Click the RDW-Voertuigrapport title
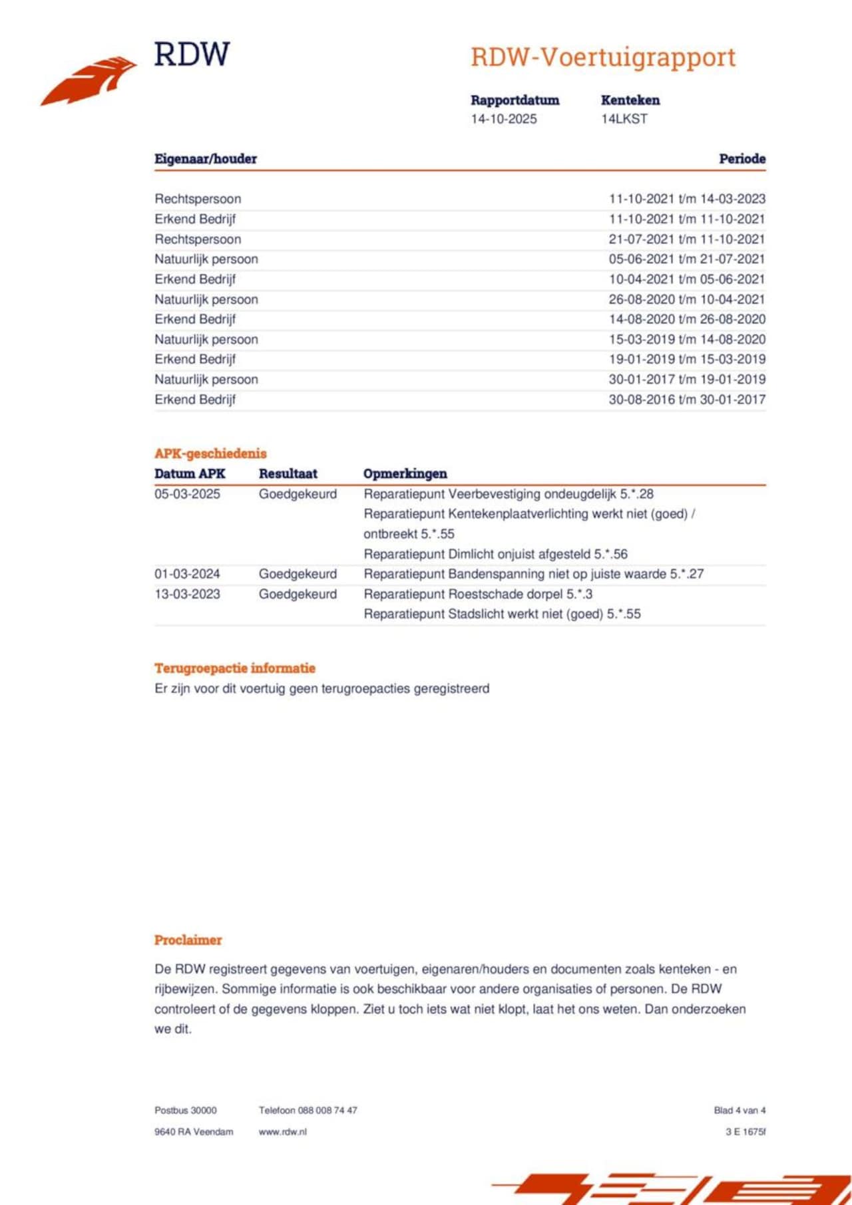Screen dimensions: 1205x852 pos(602,58)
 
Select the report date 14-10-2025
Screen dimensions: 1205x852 pos(503,119)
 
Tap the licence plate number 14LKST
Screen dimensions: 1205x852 pos(624,119)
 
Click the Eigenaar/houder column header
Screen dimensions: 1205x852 pos(205,159)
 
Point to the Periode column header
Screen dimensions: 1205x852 pos(742,159)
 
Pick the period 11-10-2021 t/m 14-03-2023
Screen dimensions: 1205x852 pos(686,199)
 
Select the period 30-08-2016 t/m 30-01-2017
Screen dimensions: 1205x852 pos(686,400)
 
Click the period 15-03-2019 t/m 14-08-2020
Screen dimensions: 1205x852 pos(686,339)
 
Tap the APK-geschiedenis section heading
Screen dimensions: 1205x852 pos(210,454)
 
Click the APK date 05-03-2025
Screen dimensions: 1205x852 pos(187,494)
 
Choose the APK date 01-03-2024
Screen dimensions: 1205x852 pos(187,574)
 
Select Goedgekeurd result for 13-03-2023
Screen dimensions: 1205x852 pos(298,594)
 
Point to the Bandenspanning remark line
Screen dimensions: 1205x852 pos(533,574)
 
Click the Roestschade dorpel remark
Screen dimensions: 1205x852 pos(478,594)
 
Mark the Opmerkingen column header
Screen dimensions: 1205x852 pos(405,473)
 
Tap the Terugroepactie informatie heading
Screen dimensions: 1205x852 pos(234,668)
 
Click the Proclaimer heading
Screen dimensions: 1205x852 pos(188,940)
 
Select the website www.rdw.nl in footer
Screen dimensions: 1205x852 pos(282,1132)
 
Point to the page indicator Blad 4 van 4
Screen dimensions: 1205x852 pos(740,1111)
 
